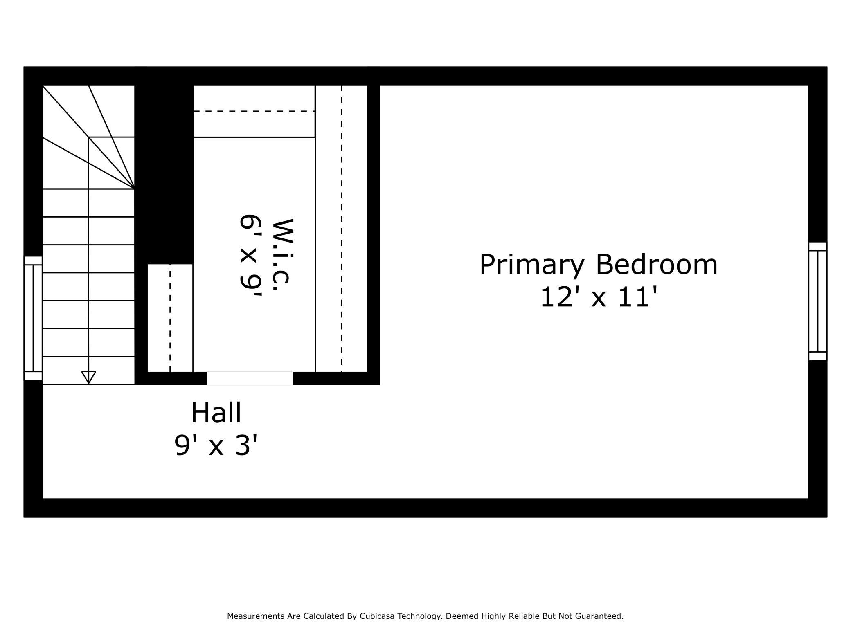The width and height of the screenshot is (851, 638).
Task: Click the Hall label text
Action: (216, 413)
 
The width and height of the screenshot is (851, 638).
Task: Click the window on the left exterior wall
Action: (33, 318)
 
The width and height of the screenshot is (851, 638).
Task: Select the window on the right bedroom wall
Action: (817, 301)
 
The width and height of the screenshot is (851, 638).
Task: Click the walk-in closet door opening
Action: (250, 378)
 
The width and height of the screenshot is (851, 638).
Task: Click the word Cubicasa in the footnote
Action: (377, 616)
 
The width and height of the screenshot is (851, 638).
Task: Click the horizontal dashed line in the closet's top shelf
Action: (254, 111)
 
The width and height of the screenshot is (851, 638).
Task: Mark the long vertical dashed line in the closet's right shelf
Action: (341, 229)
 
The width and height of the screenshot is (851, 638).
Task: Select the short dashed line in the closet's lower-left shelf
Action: (170, 318)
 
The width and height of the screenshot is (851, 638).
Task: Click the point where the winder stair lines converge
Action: (134, 189)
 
